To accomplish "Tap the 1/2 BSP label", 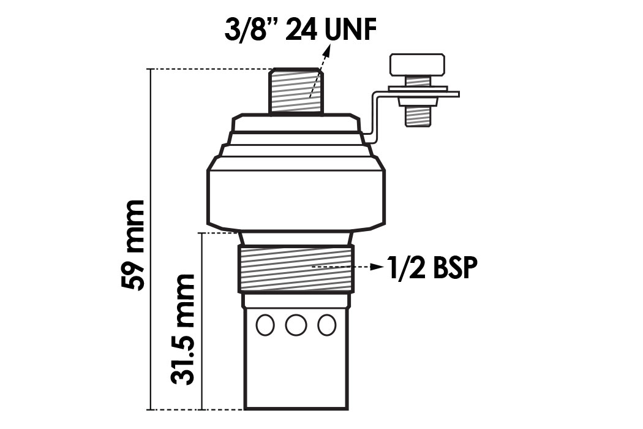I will point(431,268).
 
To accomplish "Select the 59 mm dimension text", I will point(133,245).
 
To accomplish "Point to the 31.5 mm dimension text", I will point(182,329).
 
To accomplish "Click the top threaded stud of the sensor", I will point(296,91).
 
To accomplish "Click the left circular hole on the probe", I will point(265,325).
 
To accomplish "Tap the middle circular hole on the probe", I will point(296,325).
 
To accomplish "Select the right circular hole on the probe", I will point(327,325).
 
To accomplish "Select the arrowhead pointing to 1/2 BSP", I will point(377,268).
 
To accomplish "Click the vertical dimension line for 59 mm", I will point(150,239).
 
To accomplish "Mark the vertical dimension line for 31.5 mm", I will point(201,321).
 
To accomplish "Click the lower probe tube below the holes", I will point(296,374).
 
